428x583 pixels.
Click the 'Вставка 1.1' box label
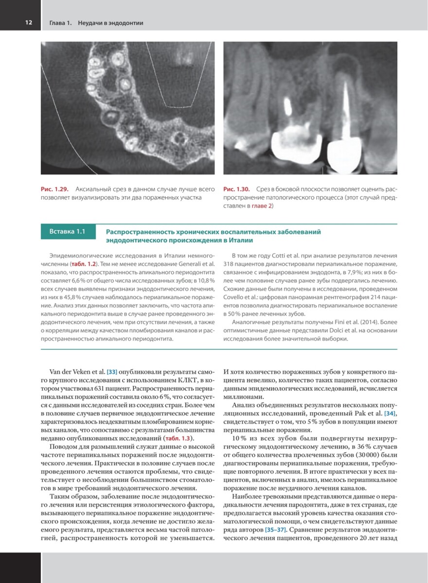tap(68, 232)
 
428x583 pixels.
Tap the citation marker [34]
tap(390, 413)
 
